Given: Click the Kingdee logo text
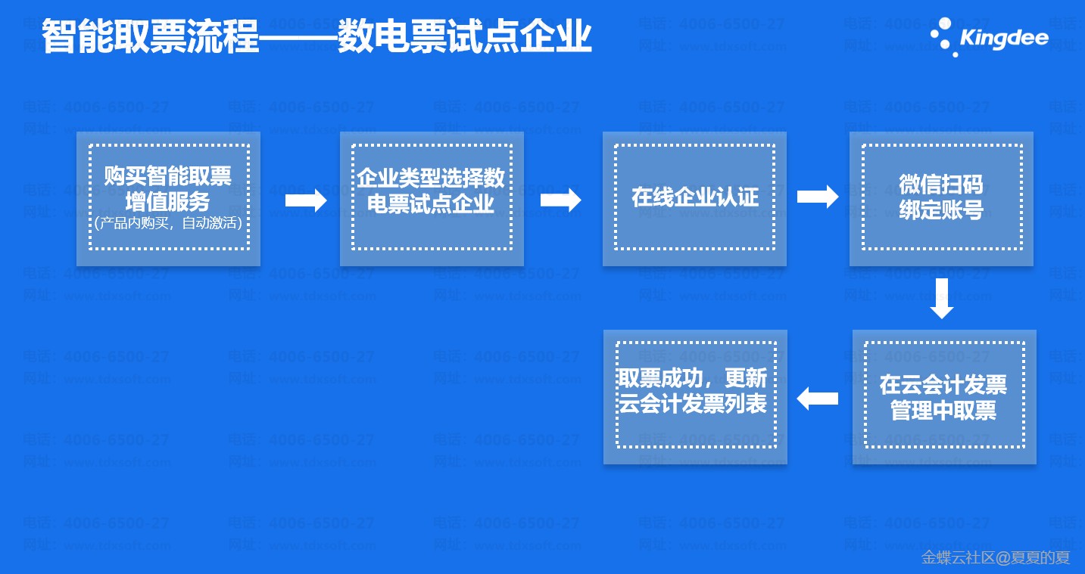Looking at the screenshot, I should point(1004,38).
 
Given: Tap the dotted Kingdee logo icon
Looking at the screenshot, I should point(943,37).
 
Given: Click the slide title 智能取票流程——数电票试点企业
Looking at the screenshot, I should point(316,37).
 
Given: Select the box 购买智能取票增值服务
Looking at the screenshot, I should point(168,198).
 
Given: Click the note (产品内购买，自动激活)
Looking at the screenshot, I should point(168,223).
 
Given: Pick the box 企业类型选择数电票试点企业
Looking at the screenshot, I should point(432,198).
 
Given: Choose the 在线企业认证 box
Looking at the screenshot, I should point(694,198).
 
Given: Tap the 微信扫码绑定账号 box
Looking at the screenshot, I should point(941,198).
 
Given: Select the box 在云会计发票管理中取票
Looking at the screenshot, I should point(943,397).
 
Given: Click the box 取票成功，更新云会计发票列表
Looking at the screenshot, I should point(694,397).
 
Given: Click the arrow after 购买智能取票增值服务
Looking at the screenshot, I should point(306,200).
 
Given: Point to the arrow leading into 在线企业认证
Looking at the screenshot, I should point(561,200).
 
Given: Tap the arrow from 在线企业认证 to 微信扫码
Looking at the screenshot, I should point(818,197).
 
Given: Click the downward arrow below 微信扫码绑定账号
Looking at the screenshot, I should point(941,298).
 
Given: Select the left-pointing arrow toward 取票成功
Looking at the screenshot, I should point(818,398).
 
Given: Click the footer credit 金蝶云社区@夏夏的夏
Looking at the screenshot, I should point(995,558).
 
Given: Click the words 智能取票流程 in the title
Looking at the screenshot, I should point(151,37).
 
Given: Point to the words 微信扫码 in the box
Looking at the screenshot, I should point(941,185).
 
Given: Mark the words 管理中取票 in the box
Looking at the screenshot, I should point(943,411).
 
